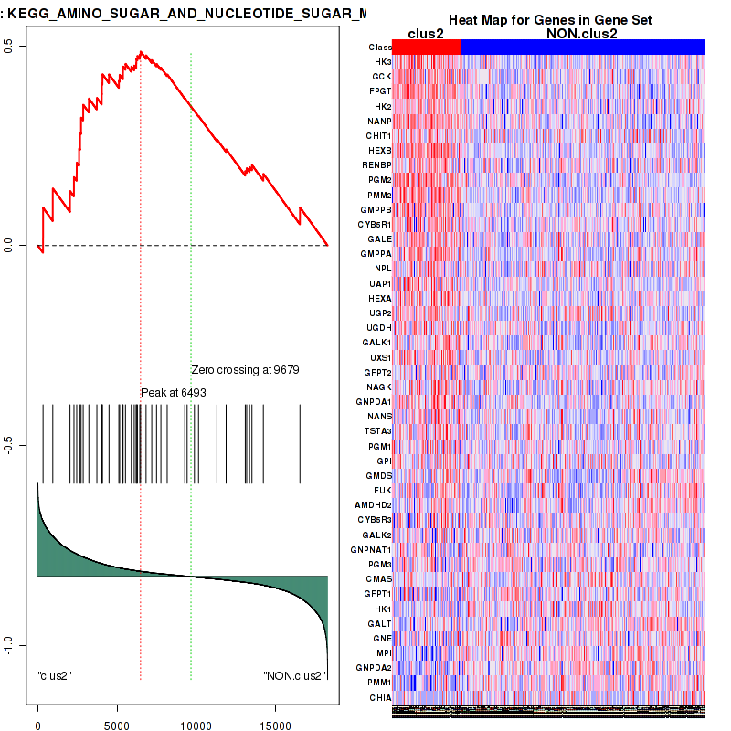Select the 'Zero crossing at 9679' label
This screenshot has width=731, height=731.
pos(245,370)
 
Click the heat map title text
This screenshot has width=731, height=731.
pos(549,20)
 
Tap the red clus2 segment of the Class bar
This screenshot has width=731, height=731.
pos(427,47)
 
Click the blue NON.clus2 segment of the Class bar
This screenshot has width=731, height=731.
pos(583,47)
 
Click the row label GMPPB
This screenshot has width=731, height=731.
pos(377,210)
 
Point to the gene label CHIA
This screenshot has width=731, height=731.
pos(381,697)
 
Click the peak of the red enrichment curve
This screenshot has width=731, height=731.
pos(140,53)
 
